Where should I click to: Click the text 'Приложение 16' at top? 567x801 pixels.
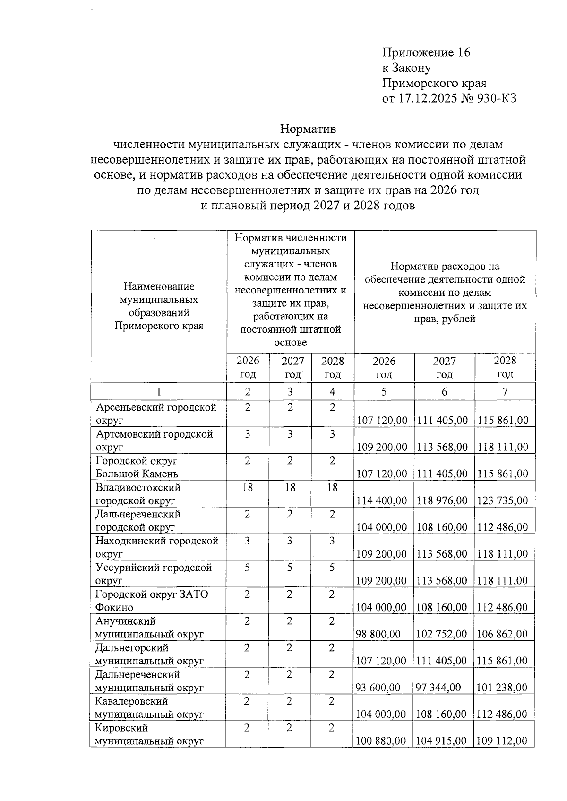[x=426, y=52]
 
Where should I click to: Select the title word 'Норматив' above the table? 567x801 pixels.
[x=308, y=129]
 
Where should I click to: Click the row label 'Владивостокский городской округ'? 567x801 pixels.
[x=138, y=493]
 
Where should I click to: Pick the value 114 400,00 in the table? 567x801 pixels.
[x=381, y=500]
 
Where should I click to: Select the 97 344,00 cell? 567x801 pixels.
[x=438, y=687]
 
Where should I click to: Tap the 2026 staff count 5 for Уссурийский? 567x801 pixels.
[x=247, y=568]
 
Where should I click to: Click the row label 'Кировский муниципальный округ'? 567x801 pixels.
[x=149, y=734]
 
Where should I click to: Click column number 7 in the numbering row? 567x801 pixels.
[x=505, y=391]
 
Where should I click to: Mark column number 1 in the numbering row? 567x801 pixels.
[x=159, y=391]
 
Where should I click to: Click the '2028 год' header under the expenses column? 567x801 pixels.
[x=505, y=367]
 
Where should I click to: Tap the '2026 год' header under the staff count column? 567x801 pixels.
[x=248, y=367]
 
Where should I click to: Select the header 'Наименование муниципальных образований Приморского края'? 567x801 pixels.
[x=159, y=306]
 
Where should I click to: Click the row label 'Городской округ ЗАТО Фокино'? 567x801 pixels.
[x=152, y=601]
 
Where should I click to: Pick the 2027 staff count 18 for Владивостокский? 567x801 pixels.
[x=290, y=487]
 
